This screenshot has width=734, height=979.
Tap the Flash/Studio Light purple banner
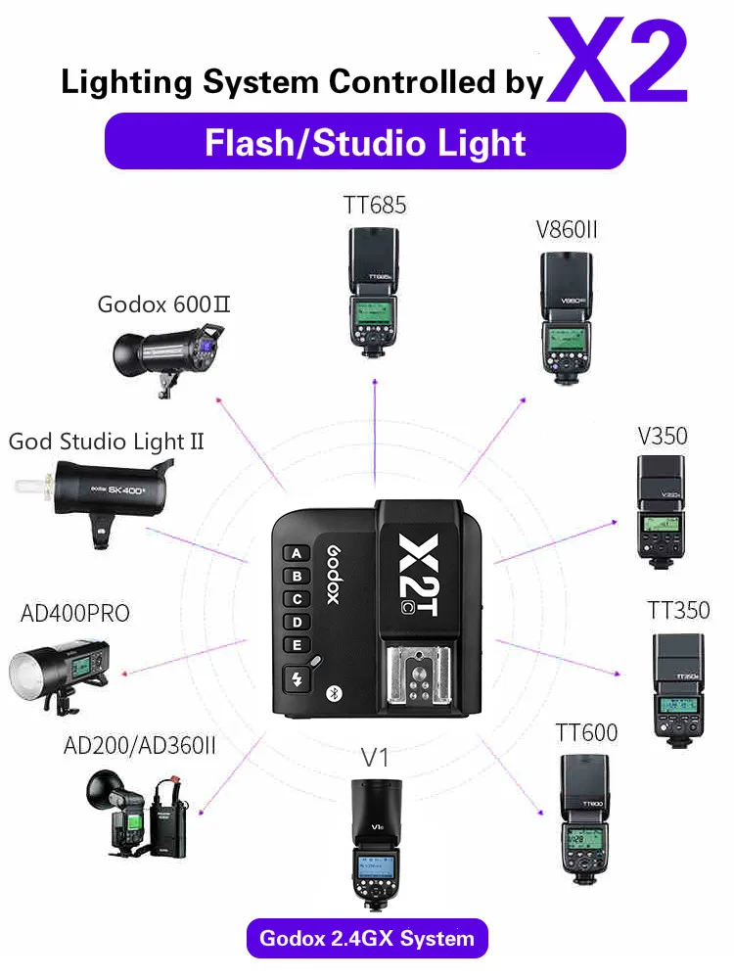[365, 143]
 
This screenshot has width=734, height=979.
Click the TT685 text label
[374, 206]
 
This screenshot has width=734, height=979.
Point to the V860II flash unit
[567, 311]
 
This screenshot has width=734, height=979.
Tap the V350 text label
[663, 436]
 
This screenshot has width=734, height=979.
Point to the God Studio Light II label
[107, 442]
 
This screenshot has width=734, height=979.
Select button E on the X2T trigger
[296, 645]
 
